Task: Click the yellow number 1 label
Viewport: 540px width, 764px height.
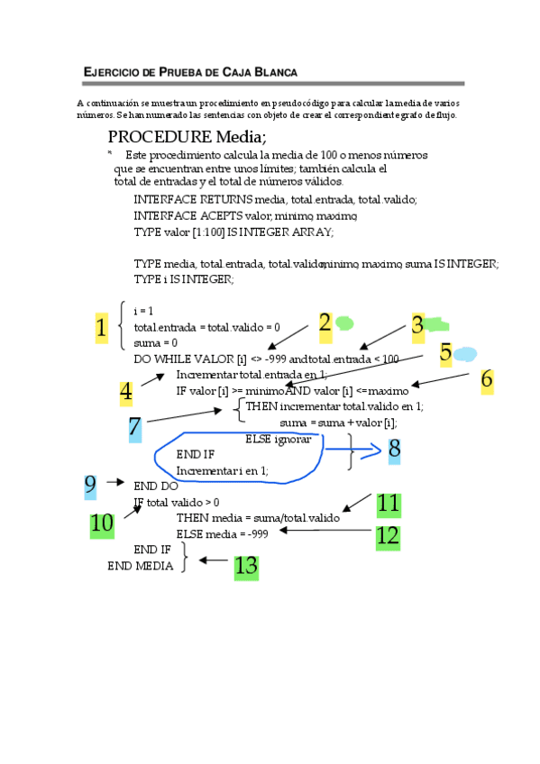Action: coord(101,328)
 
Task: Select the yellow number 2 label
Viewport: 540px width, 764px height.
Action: coord(325,325)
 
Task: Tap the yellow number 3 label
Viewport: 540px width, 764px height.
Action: coord(416,326)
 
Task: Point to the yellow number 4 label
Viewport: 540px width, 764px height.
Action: coord(126,393)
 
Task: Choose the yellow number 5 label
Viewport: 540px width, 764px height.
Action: coord(445,353)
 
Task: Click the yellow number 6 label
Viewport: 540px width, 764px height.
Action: coord(487,379)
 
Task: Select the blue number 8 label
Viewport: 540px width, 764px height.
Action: coord(394,449)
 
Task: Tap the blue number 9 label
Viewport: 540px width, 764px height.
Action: coord(90,486)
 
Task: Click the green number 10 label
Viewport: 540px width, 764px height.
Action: coord(102,523)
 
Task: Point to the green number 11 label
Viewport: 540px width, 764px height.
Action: coord(389,504)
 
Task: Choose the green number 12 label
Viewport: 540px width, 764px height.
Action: coord(388,536)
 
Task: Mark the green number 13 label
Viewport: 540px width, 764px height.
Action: coord(246,566)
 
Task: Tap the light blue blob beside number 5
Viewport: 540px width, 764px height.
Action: coord(465,353)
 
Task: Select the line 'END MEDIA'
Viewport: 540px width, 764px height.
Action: coord(142,566)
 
